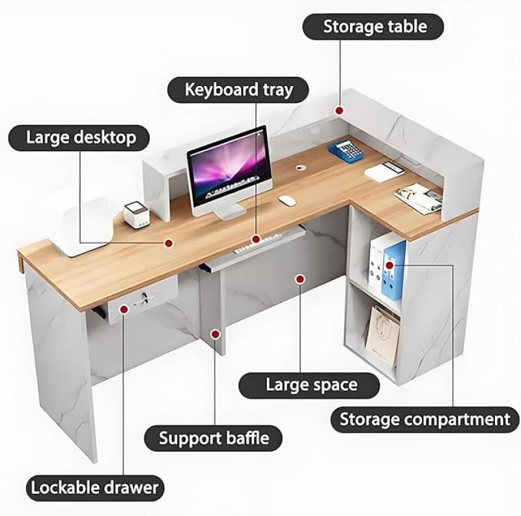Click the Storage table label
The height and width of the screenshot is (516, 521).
point(373,27)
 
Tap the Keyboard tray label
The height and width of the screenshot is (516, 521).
point(238,90)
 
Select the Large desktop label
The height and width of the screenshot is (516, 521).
point(79,138)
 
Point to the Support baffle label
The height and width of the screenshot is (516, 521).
point(213,438)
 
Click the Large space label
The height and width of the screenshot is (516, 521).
point(309,386)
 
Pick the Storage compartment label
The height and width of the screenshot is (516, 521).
point(425,420)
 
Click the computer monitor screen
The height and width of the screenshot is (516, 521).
point(229,169)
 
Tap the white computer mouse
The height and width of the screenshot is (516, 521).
point(287,200)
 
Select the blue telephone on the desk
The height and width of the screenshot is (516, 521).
point(346,151)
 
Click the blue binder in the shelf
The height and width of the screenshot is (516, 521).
point(393,269)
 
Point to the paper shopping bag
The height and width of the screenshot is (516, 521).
point(382,336)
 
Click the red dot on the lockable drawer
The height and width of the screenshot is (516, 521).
point(124,309)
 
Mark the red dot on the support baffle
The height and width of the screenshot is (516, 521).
point(216,334)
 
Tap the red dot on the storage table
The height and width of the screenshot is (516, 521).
point(339,111)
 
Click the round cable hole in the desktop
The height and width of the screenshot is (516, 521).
point(302,167)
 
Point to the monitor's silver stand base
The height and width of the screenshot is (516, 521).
point(230,212)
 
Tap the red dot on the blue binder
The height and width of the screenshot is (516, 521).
point(389,265)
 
